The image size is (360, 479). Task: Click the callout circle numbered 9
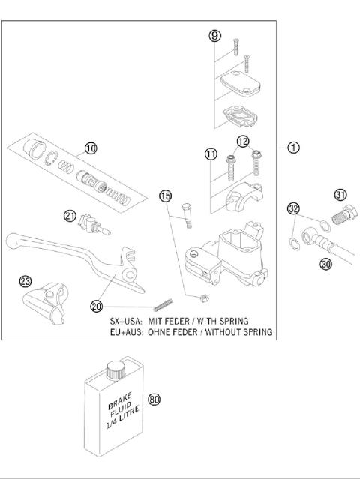click(x=214, y=36)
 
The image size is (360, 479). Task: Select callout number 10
click(x=91, y=148)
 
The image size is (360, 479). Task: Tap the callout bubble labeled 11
click(x=211, y=155)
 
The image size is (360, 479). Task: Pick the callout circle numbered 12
click(x=243, y=142)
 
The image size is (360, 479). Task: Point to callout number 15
click(x=166, y=196)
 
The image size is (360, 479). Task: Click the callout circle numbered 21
click(x=70, y=217)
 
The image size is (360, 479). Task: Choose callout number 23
click(x=25, y=282)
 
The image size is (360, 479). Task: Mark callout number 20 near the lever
click(x=96, y=306)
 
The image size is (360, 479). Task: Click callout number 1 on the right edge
click(x=294, y=148)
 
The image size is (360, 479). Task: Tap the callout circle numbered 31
click(x=341, y=196)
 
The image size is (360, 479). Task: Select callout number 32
click(x=294, y=209)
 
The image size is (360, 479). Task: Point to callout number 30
click(x=325, y=264)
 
